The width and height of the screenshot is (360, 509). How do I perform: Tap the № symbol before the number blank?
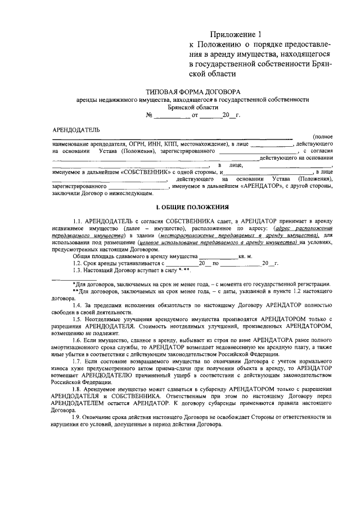click(x=150, y=115)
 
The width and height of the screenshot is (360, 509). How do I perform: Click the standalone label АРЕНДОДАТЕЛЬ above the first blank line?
click(x=76, y=130)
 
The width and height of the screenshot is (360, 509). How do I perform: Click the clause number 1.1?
click(x=78, y=220)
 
